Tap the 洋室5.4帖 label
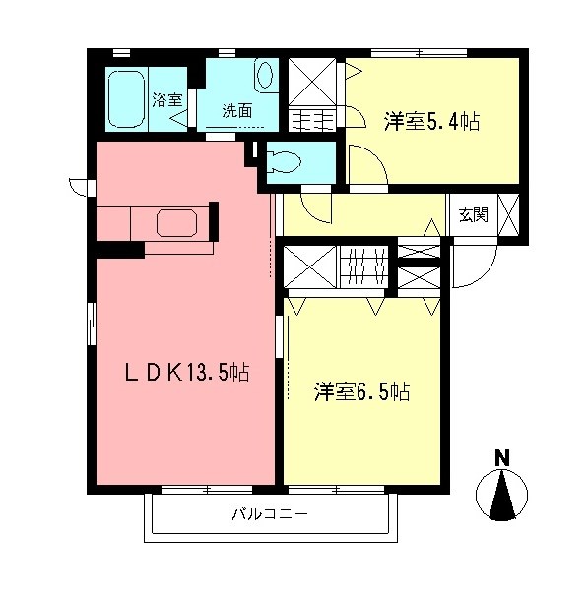431,122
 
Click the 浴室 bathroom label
165,99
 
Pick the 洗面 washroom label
236,110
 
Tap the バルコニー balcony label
270,513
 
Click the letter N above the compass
501,457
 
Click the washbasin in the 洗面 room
266,76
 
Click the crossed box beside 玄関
509,214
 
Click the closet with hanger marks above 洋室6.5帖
366,265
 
